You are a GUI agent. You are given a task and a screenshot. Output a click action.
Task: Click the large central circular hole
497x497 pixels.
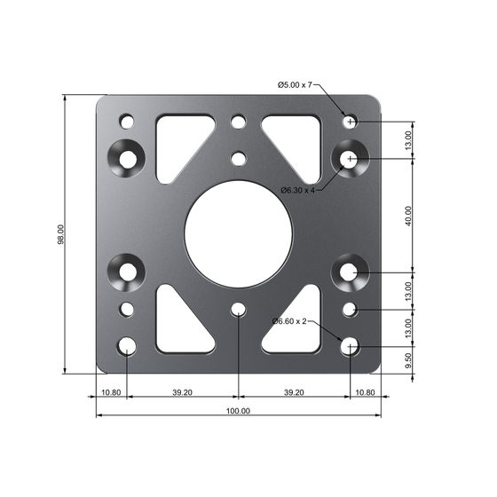click(238, 234)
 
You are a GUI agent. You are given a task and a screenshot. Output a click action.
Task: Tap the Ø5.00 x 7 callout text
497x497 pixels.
click(295, 85)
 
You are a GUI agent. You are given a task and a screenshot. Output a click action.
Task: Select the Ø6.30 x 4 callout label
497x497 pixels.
click(298, 190)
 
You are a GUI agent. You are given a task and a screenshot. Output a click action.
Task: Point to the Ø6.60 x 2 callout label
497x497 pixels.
click(288, 320)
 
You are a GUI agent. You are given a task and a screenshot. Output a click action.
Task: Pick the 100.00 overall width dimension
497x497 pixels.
click(238, 411)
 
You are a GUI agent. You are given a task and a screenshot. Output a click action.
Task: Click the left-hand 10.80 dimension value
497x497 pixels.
click(111, 391)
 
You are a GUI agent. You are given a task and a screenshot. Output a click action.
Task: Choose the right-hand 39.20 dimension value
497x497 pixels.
click(294, 391)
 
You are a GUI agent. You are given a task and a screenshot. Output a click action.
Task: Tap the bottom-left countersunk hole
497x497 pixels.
click(128, 271)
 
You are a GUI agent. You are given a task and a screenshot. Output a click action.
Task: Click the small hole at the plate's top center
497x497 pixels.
click(238, 122)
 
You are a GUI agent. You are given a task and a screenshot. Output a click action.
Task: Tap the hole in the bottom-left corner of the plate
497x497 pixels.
click(128, 345)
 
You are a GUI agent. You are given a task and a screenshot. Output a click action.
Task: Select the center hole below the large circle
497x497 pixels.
click(238, 309)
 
